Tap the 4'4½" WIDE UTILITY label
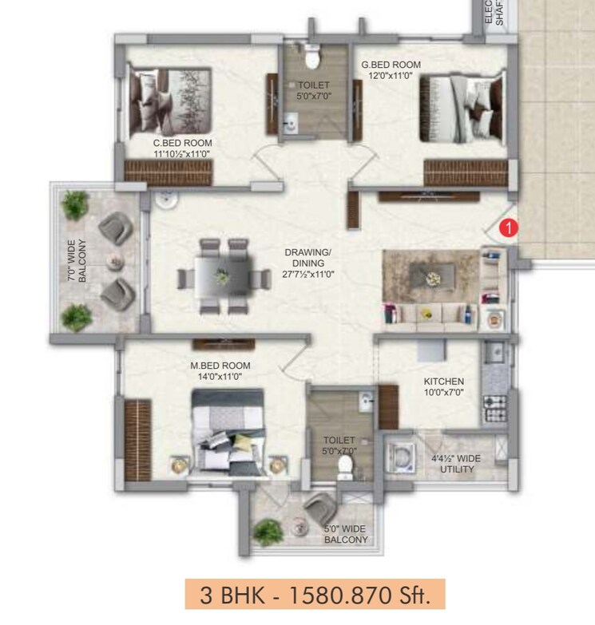coord(456,464)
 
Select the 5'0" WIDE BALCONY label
coord(346,534)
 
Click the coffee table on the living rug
coord(431,276)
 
